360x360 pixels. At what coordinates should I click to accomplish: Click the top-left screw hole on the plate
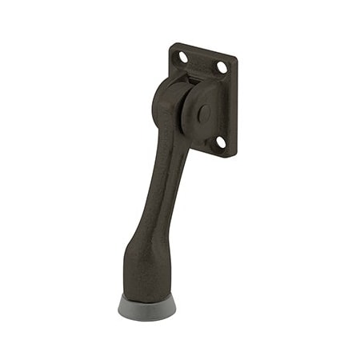click(182, 58)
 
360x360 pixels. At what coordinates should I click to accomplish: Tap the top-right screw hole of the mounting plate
click(222, 68)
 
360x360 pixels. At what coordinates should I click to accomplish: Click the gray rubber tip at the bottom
click(147, 307)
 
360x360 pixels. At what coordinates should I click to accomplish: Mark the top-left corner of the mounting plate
click(172, 45)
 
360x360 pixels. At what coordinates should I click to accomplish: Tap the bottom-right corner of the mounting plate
click(234, 156)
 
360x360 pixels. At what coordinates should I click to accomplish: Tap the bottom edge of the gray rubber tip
click(147, 318)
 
